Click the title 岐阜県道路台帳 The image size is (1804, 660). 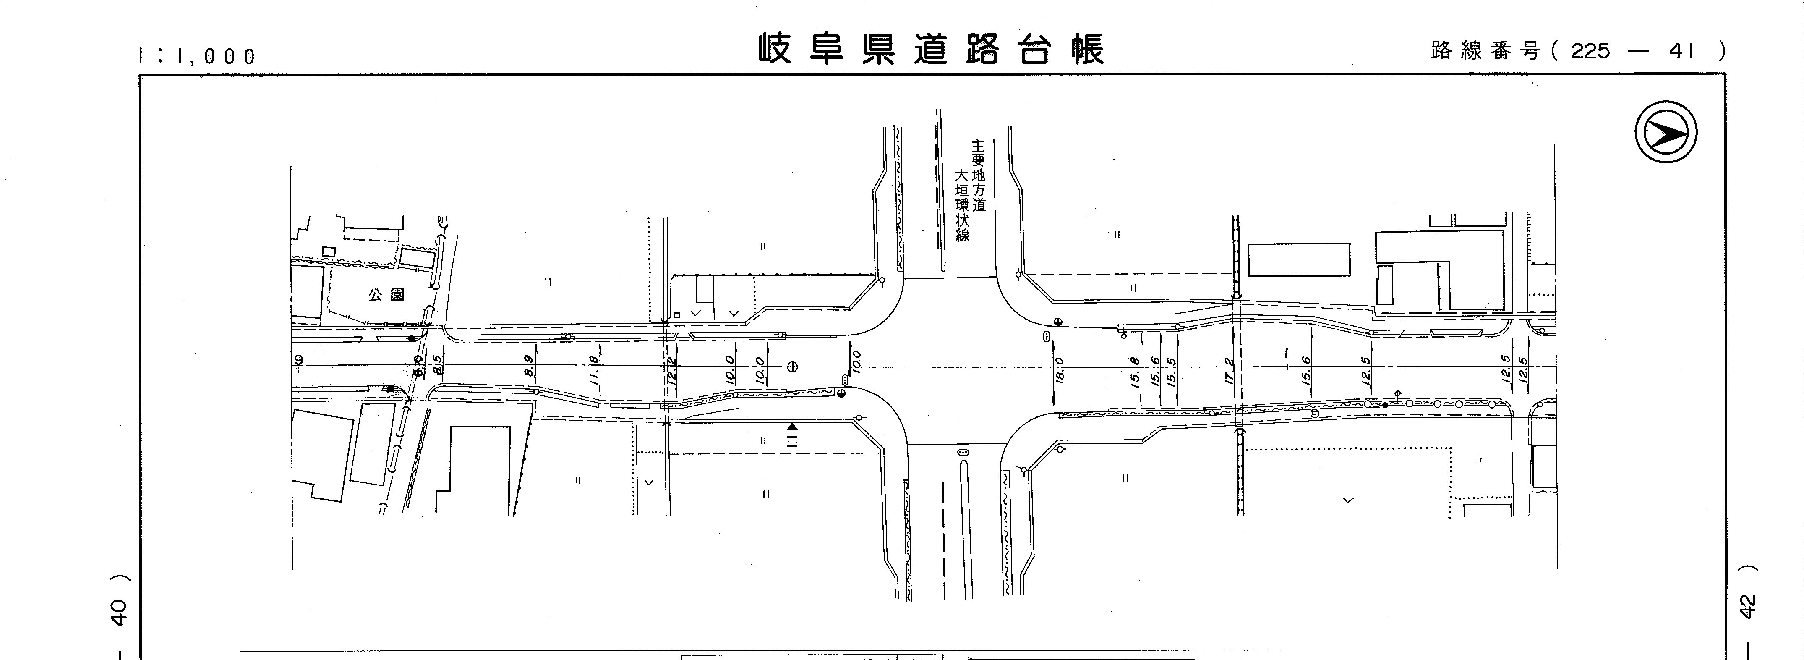932,49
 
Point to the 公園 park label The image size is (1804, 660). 386,295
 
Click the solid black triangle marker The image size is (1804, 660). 792,426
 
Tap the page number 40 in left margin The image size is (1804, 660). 120,613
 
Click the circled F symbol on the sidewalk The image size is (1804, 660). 1314,414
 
